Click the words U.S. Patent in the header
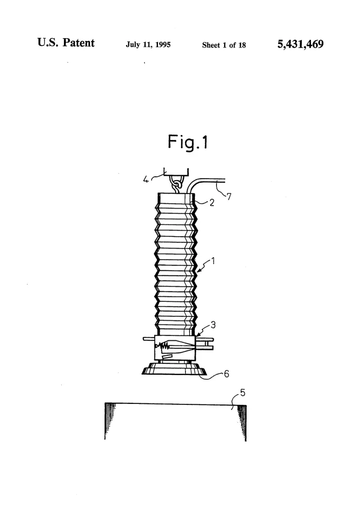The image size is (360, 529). [66, 42]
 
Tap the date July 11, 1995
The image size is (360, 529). [148, 45]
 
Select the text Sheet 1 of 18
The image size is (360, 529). [224, 45]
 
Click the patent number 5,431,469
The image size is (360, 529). [300, 44]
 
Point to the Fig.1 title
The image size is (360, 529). [188, 142]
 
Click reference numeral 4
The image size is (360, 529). [146, 179]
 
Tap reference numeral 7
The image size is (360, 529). [229, 196]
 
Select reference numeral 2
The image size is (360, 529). [211, 202]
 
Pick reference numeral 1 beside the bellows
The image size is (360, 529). [213, 261]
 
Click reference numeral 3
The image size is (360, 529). [213, 325]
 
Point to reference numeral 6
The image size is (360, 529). [226, 374]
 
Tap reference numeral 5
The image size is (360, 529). [243, 393]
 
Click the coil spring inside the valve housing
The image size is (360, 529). [164, 346]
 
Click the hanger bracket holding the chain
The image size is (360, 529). [176, 172]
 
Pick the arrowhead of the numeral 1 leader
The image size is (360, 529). [199, 270]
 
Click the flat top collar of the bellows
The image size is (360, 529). [175, 198]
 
